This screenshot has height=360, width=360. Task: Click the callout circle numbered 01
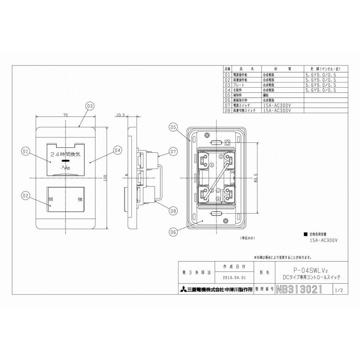click(26, 151)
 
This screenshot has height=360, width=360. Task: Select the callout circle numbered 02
click(26, 196)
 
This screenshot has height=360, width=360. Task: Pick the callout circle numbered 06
click(173, 230)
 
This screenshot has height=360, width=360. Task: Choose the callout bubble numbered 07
click(173, 152)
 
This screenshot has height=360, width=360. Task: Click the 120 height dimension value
click(104, 180)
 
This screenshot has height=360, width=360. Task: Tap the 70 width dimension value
click(65, 115)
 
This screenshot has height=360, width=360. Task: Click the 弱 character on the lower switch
click(51, 199)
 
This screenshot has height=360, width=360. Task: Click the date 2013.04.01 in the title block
click(235, 276)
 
